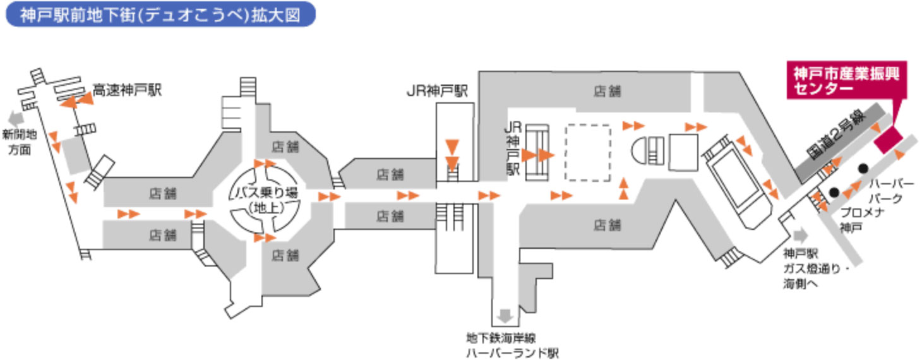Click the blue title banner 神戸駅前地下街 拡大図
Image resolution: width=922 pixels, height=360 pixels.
pyautogui.click(x=160, y=16)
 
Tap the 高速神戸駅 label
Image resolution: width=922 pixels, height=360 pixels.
pyautogui.click(x=128, y=91)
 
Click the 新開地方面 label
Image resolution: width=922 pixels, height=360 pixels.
pyautogui.click(x=20, y=142)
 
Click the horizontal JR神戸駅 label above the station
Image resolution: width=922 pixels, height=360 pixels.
pyautogui.click(x=436, y=91)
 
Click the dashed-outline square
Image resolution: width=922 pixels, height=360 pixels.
pyautogui.click(x=587, y=153)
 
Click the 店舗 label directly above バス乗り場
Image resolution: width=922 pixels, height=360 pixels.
pyautogui.click(x=285, y=147)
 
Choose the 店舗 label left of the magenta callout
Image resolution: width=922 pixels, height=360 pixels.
pyautogui.click(x=607, y=91)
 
